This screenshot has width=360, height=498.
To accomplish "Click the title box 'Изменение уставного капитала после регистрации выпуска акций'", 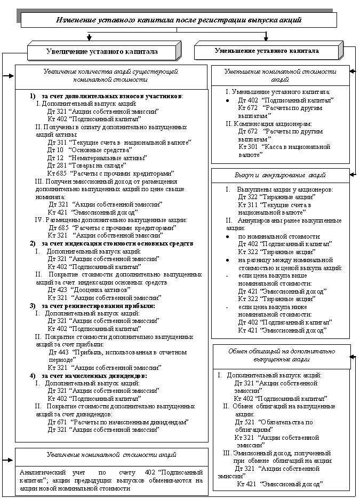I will pyautogui.click(x=179, y=20).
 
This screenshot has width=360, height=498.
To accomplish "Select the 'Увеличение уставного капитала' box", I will pyautogui.click(x=101, y=52).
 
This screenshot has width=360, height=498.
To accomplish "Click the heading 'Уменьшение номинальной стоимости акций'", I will pyautogui.click(x=280, y=75).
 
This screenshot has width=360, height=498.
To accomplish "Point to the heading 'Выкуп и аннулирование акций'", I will pyautogui.click(x=280, y=175).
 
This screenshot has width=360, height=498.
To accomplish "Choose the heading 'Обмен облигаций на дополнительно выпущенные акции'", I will pyautogui.click(x=281, y=355).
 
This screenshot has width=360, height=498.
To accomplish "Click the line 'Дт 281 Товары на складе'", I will pyautogui.click(x=86, y=166).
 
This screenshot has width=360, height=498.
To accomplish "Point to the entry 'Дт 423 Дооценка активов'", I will pyautogui.click(x=89, y=289).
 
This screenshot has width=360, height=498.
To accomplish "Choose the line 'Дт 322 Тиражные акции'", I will pyautogui.click(x=269, y=197).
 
